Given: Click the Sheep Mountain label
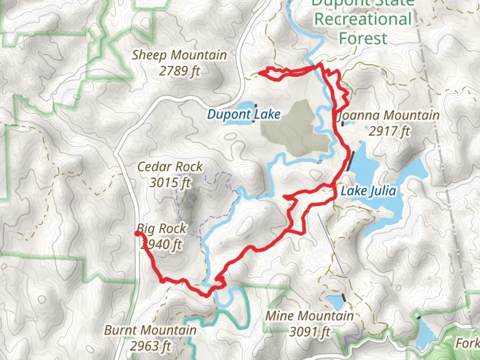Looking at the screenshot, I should [179, 55].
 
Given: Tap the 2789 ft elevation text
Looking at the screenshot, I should [179, 71].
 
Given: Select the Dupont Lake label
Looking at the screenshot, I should [244, 114].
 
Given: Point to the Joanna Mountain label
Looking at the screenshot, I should [389, 116].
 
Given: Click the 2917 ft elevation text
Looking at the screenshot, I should [389, 131].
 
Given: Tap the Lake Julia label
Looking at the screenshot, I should [368, 191].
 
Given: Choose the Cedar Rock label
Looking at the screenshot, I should [170, 167].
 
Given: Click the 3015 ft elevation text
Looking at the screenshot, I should [170, 182].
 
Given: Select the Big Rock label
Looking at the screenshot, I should [162, 229].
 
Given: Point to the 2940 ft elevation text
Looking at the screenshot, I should [162, 244].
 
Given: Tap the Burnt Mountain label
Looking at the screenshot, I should [150, 330].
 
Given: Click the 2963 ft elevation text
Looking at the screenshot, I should [150, 346].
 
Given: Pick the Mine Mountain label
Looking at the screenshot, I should [309, 316].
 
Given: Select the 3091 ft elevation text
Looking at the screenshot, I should [310, 331].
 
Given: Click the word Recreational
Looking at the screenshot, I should [363, 19].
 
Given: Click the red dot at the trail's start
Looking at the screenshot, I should [137, 233].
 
